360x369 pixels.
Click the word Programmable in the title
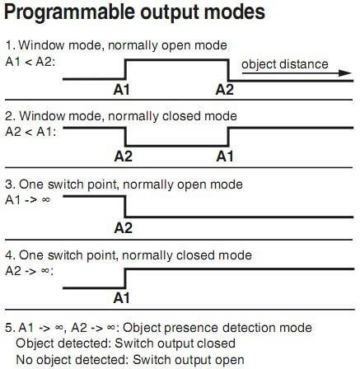[69, 13]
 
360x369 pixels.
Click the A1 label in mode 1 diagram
[121, 90]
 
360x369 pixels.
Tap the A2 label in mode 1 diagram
[225, 90]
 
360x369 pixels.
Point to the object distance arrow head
[345, 73]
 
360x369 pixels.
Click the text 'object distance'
[285, 64]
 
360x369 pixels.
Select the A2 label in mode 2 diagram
[124, 156]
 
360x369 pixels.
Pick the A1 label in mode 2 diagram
[225, 156]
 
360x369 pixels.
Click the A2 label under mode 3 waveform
[124, 228]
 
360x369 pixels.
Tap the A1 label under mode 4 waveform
[121, 298]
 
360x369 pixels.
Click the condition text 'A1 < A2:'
[30, 62]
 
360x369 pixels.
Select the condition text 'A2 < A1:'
[30, 132]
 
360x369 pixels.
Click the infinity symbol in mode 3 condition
[46, 199]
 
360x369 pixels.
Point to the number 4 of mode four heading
[9, 255]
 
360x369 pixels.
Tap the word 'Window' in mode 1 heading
[42, 45]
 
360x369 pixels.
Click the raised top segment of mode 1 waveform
[176, 59]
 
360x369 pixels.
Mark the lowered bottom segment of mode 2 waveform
[176, 145]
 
